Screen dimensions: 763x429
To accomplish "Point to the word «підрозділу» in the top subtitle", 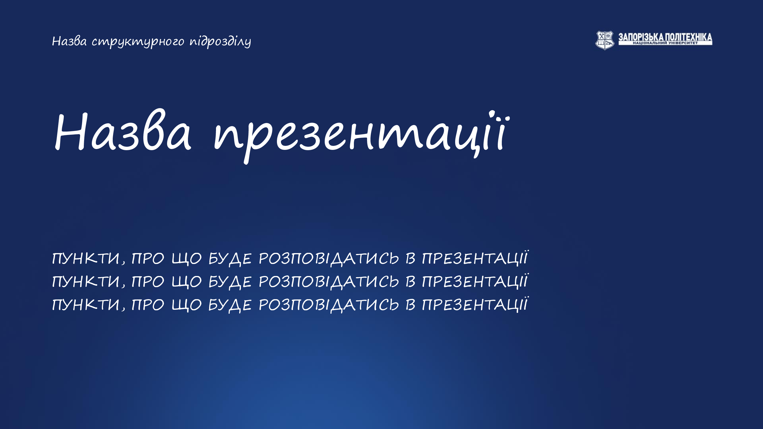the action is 220,42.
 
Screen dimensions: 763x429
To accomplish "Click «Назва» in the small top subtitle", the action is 69,41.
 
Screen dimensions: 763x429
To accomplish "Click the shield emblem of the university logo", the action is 605,40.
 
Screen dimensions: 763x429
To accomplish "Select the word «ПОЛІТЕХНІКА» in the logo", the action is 688,37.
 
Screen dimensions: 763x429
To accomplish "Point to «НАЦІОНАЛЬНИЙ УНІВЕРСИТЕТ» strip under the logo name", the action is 665,43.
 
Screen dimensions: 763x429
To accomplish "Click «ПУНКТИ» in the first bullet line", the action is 86,258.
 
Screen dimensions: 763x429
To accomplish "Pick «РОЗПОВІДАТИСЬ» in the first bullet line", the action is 329,259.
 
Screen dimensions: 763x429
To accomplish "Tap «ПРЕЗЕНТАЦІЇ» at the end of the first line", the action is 475,258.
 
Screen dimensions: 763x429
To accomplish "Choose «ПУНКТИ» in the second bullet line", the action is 86,281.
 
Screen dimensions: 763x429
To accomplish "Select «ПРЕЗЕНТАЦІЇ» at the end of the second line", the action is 475,281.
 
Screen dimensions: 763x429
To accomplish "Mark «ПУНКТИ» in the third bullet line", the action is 86,304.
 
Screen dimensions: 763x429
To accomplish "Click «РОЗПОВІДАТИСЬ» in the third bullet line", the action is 329,305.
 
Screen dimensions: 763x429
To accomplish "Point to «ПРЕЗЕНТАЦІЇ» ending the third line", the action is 475,304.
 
